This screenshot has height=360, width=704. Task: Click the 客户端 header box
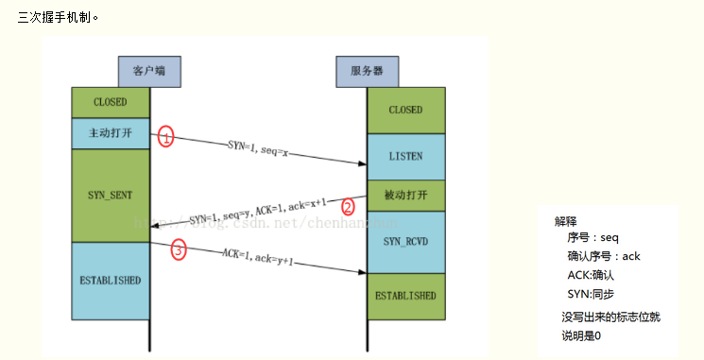point(149,71)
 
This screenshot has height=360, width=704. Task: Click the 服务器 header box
point(367,71)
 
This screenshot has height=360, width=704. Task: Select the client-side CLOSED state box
point(111,102)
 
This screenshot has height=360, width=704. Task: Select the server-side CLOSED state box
point(405,110)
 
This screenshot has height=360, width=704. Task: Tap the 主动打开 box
point(111,133)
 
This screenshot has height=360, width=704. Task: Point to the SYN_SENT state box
point(111,195)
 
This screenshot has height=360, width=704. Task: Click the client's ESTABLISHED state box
point(111,281)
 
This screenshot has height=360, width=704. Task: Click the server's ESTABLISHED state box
point(405,296)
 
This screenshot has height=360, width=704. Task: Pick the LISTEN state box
point(405,156)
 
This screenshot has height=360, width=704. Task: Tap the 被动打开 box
point(405,196)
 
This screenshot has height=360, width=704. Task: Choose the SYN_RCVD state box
point(405,242)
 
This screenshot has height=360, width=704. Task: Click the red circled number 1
point(166,138)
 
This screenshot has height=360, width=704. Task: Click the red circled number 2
point(348,207)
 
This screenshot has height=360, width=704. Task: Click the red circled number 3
point(179,250)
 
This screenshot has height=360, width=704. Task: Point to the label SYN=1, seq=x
point(258,147)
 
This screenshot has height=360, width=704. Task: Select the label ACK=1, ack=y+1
point(258,257)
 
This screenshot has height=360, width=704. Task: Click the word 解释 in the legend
point(566,221)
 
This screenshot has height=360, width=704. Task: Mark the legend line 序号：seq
point(592,238)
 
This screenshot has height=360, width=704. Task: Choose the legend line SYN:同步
point(591,295)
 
